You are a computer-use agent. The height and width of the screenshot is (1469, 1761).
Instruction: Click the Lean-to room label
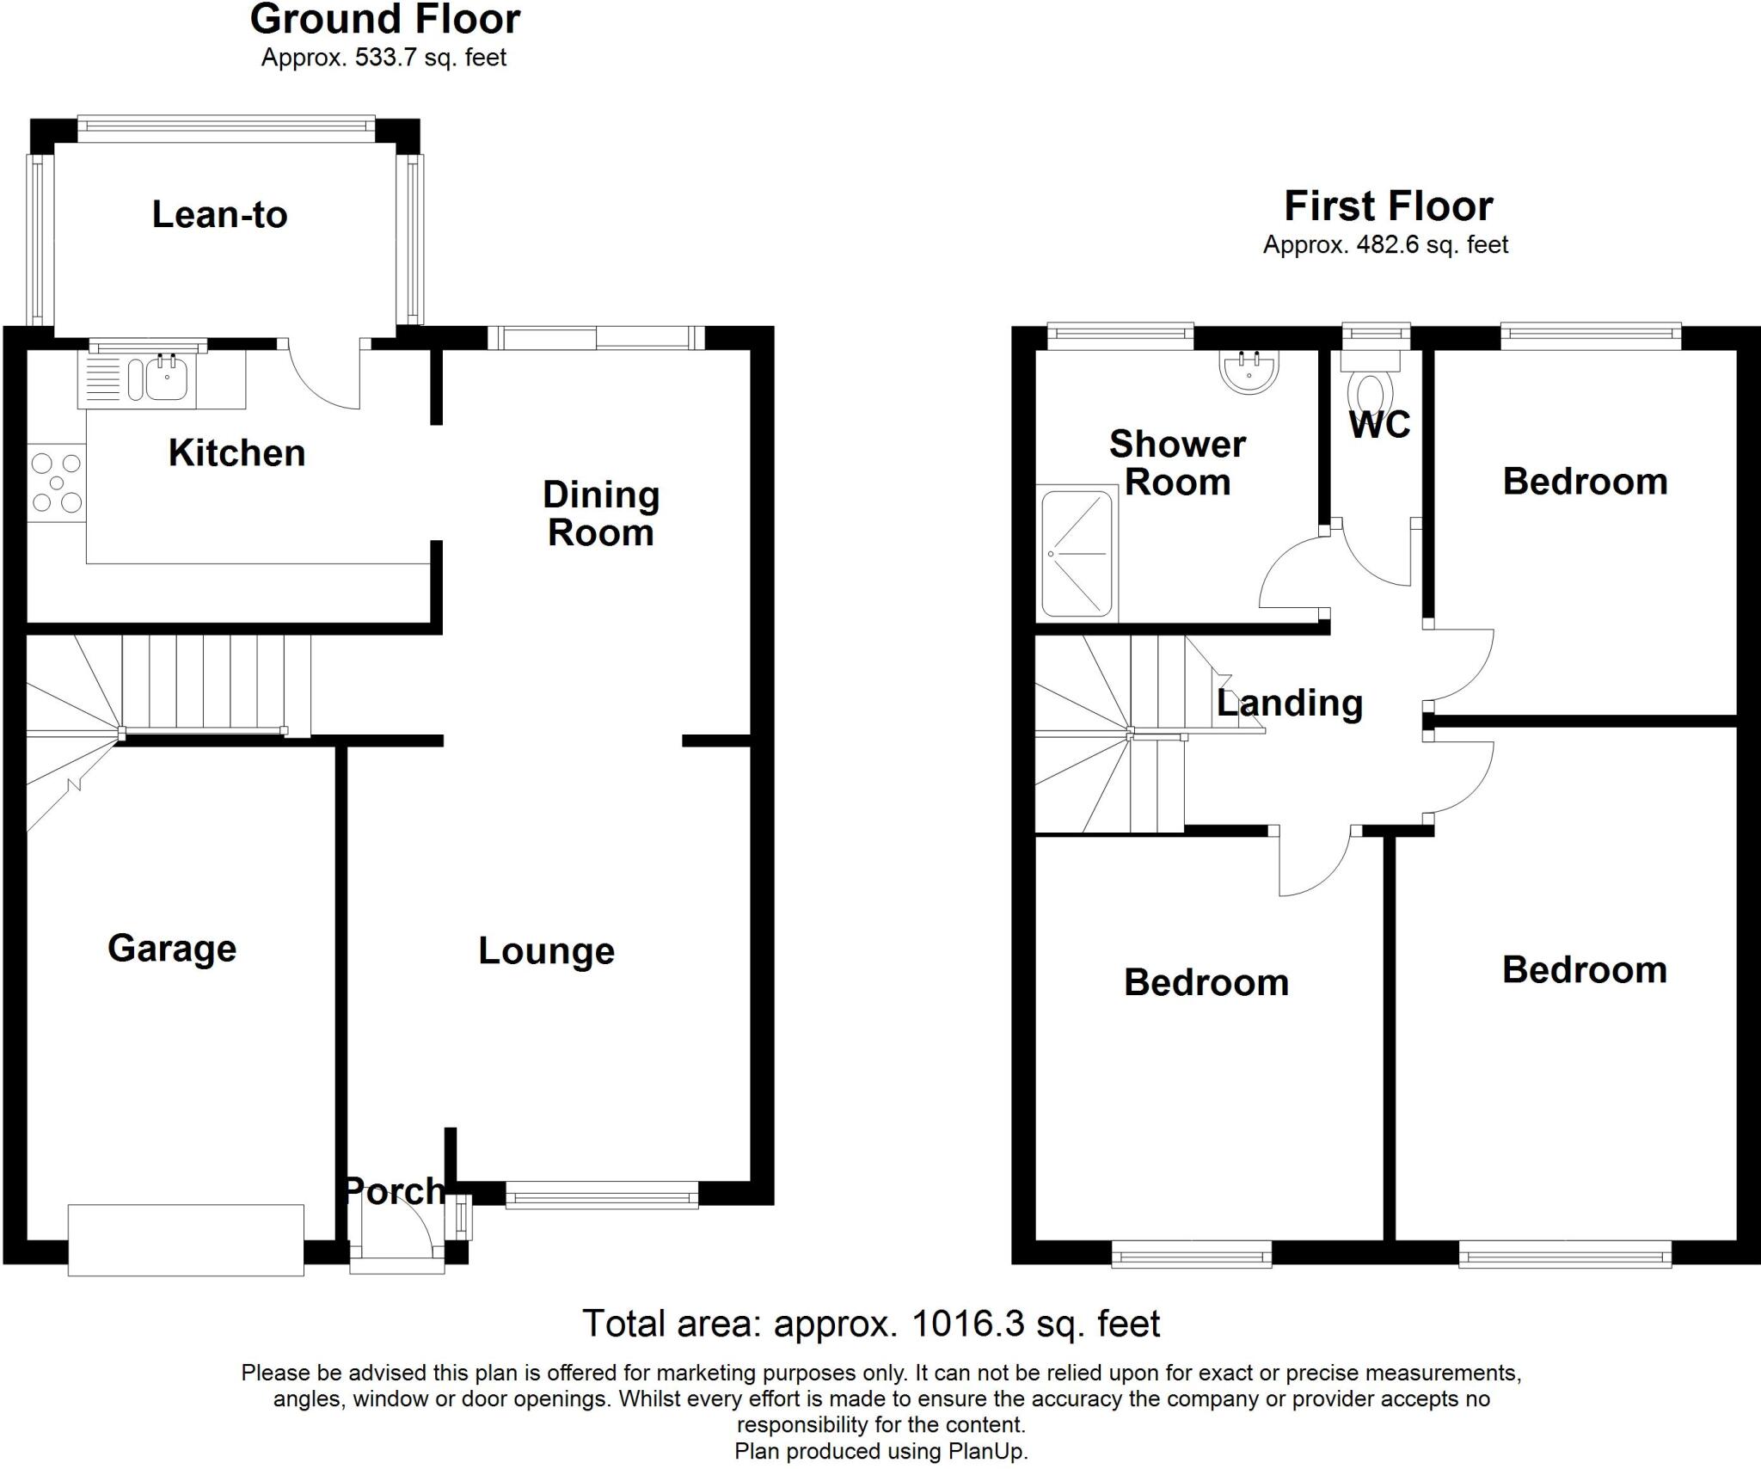tap(219, 214)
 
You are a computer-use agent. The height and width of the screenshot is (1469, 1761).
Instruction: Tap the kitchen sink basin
tap(166, 378)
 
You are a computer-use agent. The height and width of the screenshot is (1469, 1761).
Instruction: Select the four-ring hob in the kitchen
tap(56, 482)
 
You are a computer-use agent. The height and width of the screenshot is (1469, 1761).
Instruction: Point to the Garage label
tap(172, 948)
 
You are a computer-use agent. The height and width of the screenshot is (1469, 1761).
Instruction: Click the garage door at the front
tap(186, 1239)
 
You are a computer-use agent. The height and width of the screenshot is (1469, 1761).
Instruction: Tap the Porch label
tap(395, 1190)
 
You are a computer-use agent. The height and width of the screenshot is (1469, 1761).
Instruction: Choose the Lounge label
tap(546, 950)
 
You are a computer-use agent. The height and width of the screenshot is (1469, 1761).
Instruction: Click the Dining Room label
tap(601, 513)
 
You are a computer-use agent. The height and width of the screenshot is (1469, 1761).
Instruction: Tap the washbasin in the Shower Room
tap(1249, 372)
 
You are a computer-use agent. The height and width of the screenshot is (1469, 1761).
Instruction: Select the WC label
tap(1380, 425)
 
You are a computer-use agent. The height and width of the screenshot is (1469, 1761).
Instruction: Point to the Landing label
tap(1290, 704)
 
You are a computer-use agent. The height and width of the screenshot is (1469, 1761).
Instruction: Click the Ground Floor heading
tap(384, 20)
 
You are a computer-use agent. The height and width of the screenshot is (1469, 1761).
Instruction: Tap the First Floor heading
tap(1388, 206)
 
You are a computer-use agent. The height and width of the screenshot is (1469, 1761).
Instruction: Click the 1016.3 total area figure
tap(968, 1324)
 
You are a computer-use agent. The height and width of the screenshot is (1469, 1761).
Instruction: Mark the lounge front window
tap(602, 1195)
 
